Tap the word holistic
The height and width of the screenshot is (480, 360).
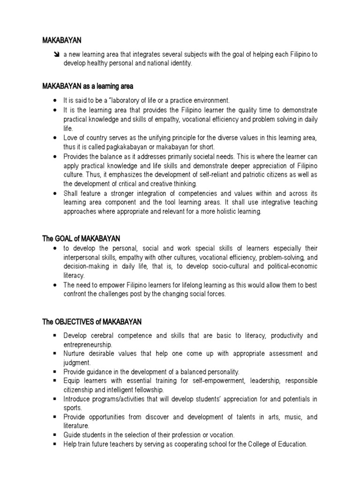[x=227, y=211]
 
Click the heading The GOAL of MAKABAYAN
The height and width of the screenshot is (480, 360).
[x=84, y=239]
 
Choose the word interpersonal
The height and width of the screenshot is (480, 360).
[x=81, y=257]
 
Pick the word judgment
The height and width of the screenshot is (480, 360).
[x=76, y=362]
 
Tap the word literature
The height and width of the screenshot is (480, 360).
[x=76, y=426]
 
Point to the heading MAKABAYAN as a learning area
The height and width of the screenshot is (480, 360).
[x=88, y=86]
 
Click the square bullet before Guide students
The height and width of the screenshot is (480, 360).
[x=55, y=435]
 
